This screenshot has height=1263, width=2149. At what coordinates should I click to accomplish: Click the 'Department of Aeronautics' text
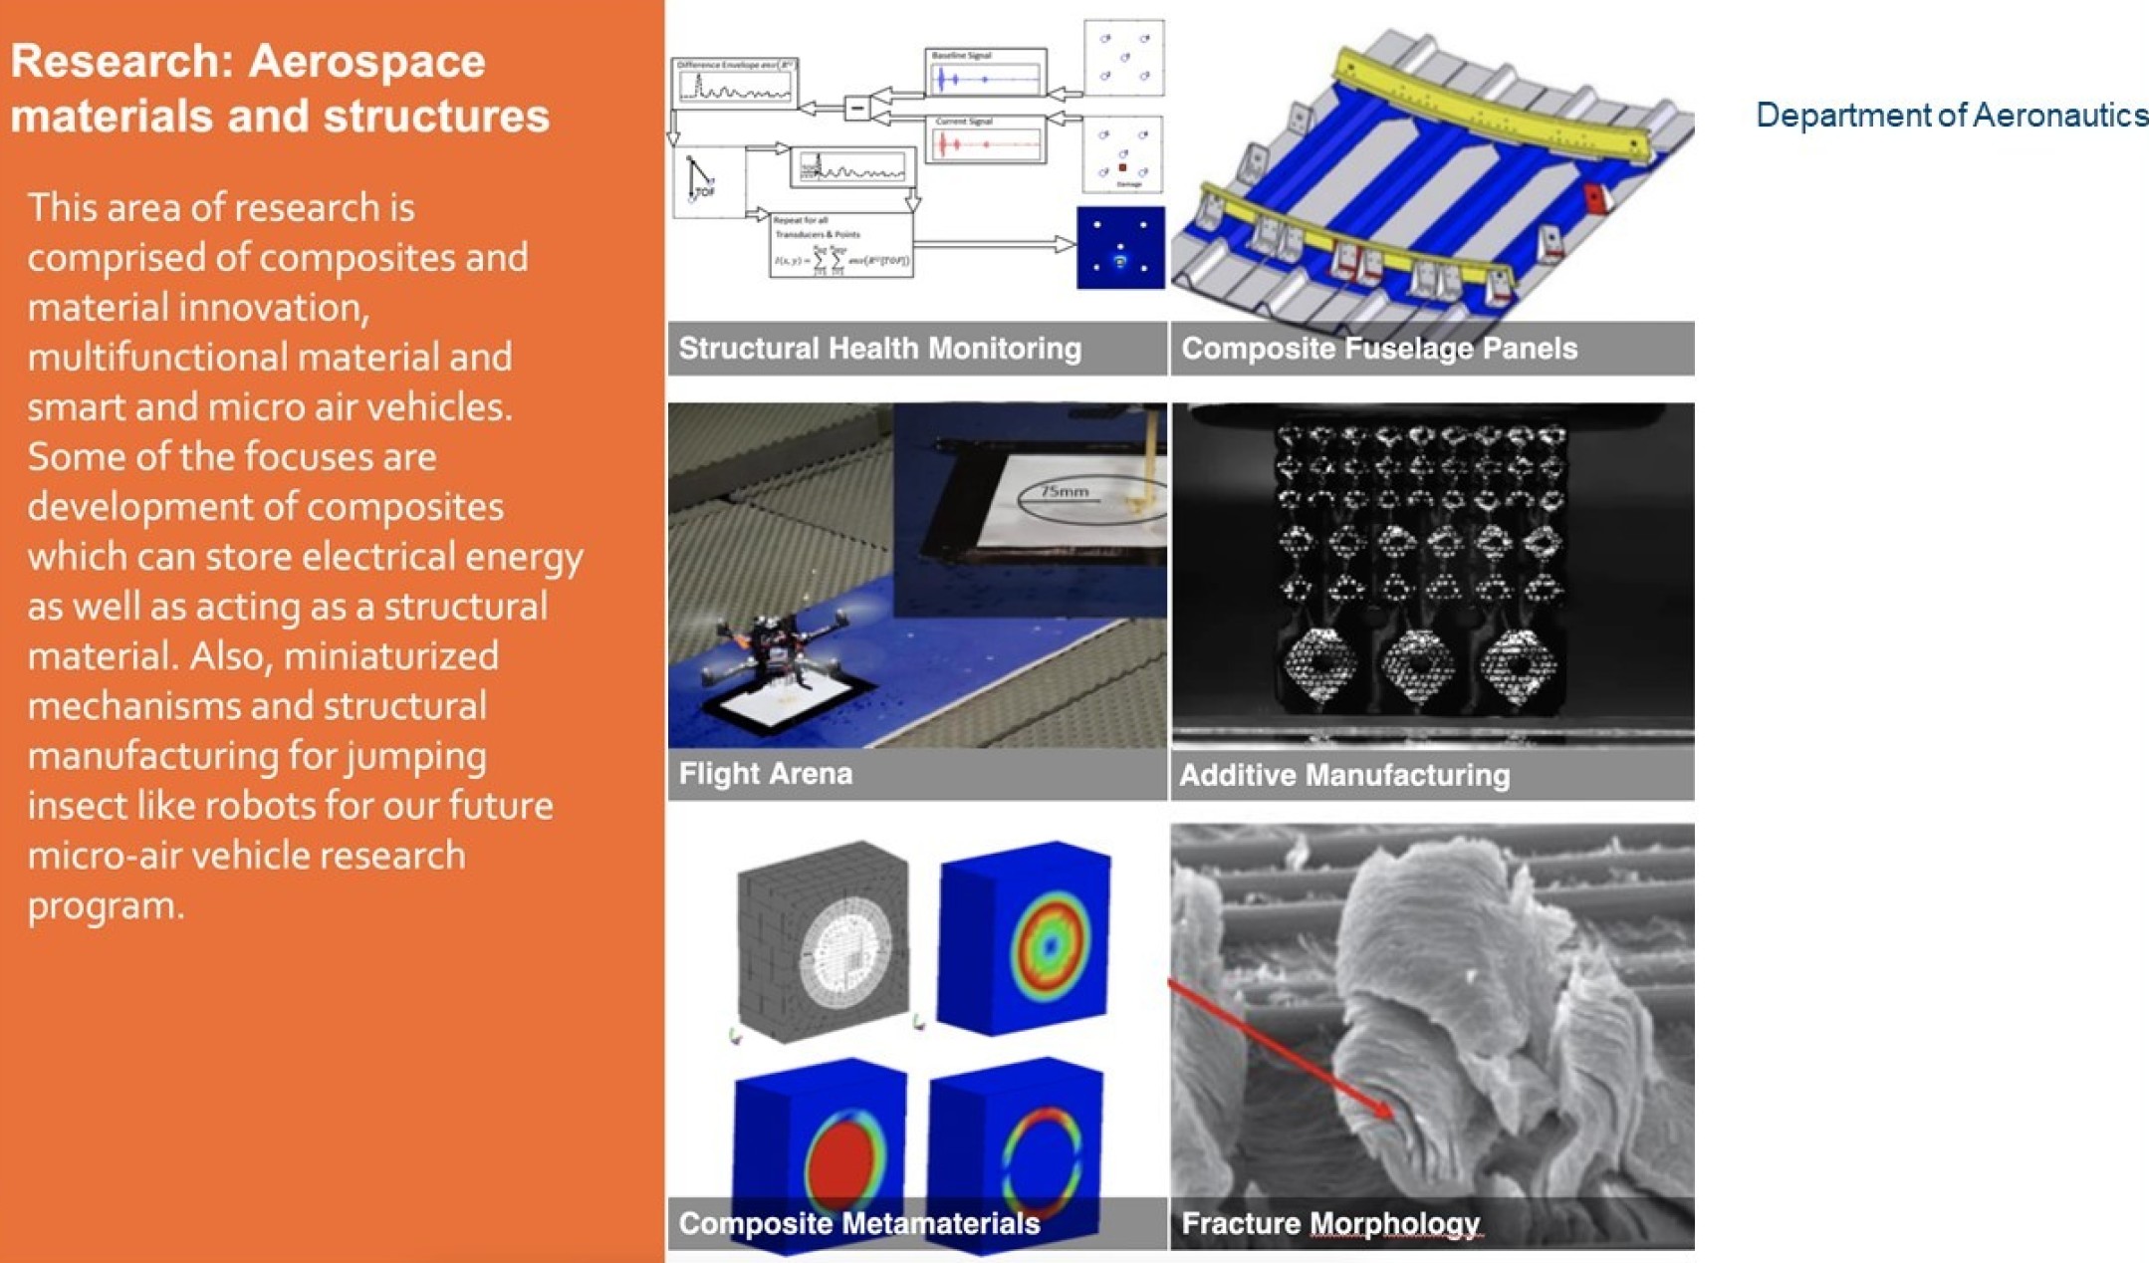pos(1951,116)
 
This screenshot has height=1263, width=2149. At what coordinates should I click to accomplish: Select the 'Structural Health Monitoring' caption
pos(879,349)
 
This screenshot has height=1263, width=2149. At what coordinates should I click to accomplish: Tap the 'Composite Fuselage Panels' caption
pos(1378,349)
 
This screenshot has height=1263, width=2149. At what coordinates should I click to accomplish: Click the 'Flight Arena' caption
pos(765,774)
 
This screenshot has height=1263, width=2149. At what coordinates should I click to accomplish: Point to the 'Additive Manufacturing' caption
pos(1344,775)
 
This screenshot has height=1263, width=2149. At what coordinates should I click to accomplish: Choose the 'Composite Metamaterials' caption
pos(858,1223)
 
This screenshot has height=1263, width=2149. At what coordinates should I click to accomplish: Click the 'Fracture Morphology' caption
pos(1329,1223)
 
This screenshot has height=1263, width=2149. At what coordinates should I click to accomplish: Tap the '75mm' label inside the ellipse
pos(1065,491)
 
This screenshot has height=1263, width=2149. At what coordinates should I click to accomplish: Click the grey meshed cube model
pos(823,941)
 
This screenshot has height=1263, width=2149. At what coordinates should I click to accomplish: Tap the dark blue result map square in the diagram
pos(1120,247)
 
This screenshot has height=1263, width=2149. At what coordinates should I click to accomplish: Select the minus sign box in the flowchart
pos(856,107)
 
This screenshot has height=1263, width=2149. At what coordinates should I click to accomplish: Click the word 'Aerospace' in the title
pos(366,61)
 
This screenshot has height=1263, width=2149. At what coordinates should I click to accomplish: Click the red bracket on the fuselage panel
pos(1597,198)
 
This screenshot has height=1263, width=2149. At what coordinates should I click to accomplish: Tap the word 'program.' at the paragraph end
pos(106,905)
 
